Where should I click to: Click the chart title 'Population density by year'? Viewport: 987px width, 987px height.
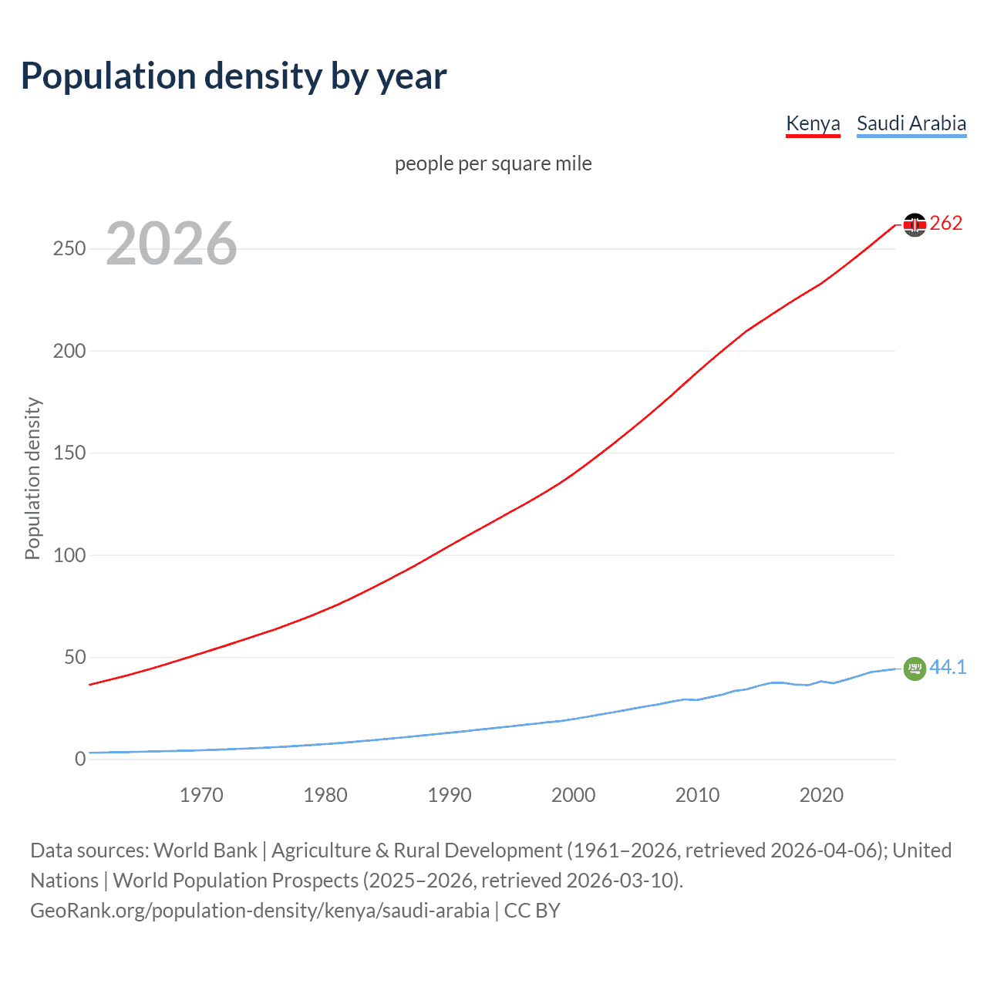[x=234, y=76]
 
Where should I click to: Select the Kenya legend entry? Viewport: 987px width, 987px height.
[x=813, y=123]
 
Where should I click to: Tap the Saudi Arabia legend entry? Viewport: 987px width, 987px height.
[x=911, y=123]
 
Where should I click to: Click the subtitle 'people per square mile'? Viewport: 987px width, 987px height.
[x=493, y=163]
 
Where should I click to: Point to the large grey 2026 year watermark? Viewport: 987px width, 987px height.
[x=171, y=244]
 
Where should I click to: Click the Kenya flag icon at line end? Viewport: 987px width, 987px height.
[x=915, y=224]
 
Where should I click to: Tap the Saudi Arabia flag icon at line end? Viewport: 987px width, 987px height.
[x=915, y=669]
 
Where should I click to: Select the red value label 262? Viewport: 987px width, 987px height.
[x=946, y=224]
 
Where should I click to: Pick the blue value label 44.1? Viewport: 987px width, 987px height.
[x=948, y=667]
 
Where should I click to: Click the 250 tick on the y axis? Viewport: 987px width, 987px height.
[x=69, y=248]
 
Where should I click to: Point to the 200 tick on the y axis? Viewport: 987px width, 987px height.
[x=69, y=351]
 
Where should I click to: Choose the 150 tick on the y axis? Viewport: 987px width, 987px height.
[x=69, y=453]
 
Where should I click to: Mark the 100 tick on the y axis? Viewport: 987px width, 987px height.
[x=69, y=555]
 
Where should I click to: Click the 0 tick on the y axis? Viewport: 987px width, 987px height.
[x=80, y=759]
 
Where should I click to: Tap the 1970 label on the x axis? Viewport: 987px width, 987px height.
[x=201, y=795]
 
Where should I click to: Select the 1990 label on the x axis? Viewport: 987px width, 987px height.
[x=450, y=795]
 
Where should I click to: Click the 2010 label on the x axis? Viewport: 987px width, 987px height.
[x=697, y=795]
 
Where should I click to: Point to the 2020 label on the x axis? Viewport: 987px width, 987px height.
[x=821, y=795]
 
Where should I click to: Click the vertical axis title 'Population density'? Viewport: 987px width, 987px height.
[x=32, y=478]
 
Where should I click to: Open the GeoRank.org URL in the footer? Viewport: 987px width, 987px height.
[x=260, y=911]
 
